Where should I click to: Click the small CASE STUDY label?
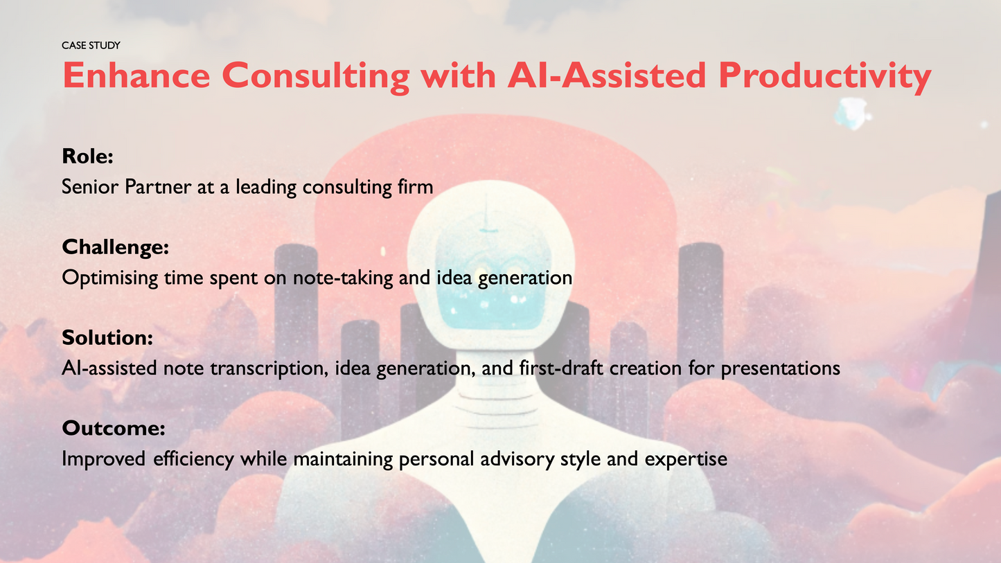point(91,46)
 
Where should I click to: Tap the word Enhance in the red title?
point(136,76)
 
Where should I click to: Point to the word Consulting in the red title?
point(315,76)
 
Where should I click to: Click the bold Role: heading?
point(87,157)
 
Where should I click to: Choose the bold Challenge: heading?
point(116,247)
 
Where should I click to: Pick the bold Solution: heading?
point(107,338)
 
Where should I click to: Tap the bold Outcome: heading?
point(114,429)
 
